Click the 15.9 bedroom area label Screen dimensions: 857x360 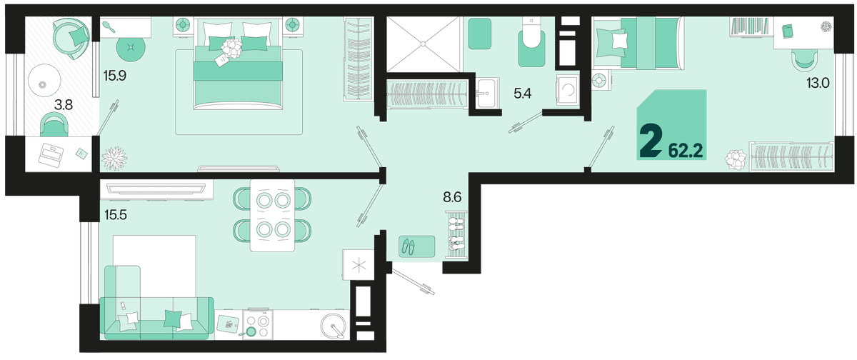[x=115, y=76]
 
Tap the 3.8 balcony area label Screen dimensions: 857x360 [x=64, y=104]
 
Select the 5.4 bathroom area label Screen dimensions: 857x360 [x=522, y=93]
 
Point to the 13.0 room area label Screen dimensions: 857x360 [x=818, y=83]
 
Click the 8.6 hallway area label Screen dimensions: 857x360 [x=452, y=197]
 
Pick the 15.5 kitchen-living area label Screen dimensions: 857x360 [x=116, y=215]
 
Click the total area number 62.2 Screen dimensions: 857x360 [x=686, y=151]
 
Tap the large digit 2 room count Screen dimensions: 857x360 [x=650, y=142]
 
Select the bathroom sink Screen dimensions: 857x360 [x=488, y=93]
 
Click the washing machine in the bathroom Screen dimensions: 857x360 [x=567, y=90]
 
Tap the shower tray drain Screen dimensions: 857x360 [x=423, y=44]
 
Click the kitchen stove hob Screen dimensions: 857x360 [x=259, y=324]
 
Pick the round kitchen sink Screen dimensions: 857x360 [x=334, y=326]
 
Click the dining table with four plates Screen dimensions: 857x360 [x=272, y=216]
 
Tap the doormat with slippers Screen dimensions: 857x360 [x=416, y=246]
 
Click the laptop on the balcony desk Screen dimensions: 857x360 [x=50, y=154]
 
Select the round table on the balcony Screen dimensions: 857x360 [x=44, y=82]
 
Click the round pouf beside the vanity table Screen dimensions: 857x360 [x=131, y=47]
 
